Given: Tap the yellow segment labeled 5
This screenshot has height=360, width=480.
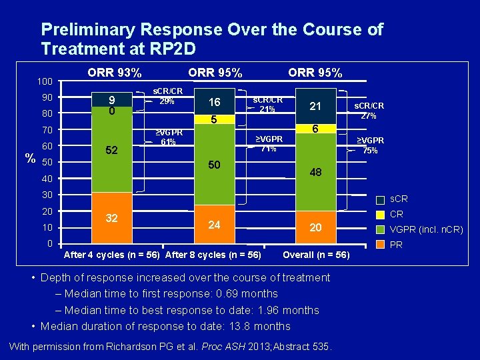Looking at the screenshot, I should (213, 120).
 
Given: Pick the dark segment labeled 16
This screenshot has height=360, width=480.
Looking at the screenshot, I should (213, 102).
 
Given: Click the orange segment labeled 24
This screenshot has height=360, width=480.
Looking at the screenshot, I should (213, 225).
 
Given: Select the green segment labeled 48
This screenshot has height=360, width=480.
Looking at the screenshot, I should (315, 172).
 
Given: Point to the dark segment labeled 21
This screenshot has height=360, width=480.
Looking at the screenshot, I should (315, 106).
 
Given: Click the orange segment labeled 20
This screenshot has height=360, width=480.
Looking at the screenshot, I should (315, 228).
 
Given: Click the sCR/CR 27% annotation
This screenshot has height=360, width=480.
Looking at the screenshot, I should (369, 111).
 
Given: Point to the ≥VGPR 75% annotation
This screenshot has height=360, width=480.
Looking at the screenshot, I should (370, 145).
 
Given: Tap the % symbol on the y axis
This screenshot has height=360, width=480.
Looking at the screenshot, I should (29, 158).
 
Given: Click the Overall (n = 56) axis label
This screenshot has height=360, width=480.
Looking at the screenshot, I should (316, 255).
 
